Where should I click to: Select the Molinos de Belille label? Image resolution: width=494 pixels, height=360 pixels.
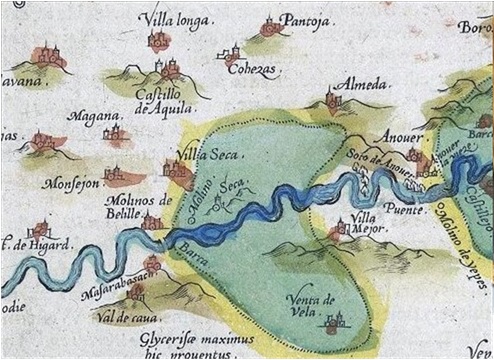[138, 207]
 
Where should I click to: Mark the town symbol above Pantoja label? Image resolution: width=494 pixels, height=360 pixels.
[270, 26]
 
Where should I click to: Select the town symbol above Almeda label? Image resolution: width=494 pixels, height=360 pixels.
[333, 99]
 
